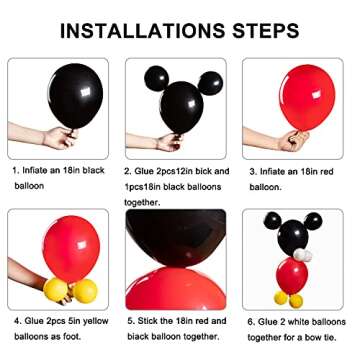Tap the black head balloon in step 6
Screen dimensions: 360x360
click(x=292, y=234)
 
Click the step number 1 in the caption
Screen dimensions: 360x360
click(x=15, y=170)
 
